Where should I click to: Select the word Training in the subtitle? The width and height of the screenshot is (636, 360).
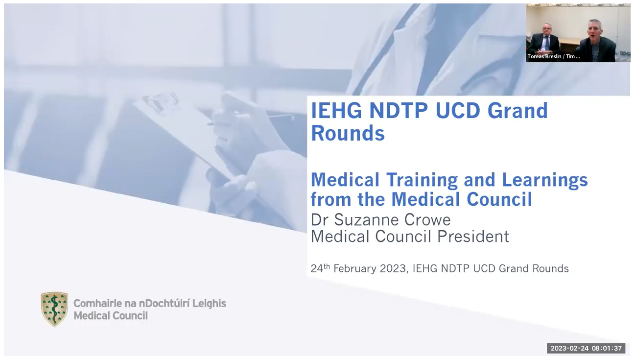pyautogui.click(x=422, y=181)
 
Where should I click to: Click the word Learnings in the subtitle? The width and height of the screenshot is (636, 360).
pyautogui.click(x=545, y=181)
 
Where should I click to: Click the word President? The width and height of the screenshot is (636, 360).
pyautogui.click(x=473, y=237)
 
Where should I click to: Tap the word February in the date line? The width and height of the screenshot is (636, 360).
pyautogui.click(x=355, y=269)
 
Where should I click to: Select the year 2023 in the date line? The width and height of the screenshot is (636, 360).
pyautogui.click(x=393, y=268)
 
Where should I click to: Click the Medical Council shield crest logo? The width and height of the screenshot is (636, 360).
pyautogui.click(x=54, y=309)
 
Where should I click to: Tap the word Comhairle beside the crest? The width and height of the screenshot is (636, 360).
pyautogui.click(x=97, y=304)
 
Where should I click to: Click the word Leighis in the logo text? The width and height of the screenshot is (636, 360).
pyautogui.click(x=209, y=304)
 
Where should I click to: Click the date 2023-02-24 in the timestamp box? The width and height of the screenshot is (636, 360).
pyautogui.click(x=569, y=348)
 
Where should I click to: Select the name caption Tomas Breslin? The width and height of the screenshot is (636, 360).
pyautogui.click(x=544, y=56)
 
